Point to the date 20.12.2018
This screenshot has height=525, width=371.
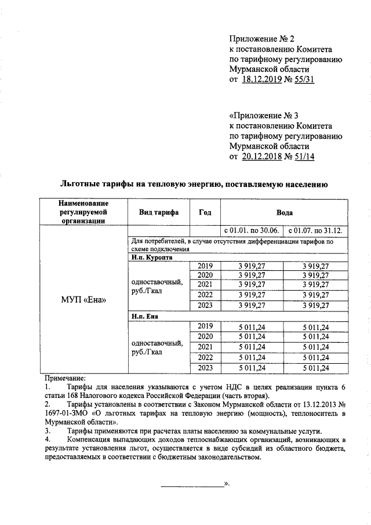point(265,157)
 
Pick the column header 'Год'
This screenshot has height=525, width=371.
point(205,213)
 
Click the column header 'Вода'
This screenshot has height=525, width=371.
point(284,213)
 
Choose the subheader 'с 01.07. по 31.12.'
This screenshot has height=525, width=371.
point(315,230)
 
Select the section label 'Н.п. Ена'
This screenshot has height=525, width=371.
point(145,317)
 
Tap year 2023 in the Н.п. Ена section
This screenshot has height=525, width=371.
point(205,368)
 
